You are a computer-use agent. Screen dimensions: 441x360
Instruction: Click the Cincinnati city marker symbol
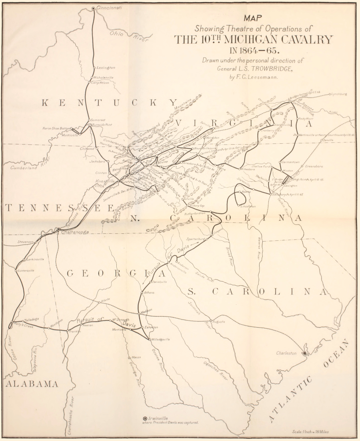pos(93,8)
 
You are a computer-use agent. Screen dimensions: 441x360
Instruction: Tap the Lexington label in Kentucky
pos(106,67)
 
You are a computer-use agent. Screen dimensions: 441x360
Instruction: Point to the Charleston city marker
pos(304,354)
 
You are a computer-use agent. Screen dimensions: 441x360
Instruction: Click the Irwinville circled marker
pos(145,418)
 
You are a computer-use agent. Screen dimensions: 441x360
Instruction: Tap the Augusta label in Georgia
pos(219,321)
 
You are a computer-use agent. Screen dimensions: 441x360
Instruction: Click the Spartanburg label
pos(197,239)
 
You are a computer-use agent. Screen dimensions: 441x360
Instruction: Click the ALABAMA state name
pos(32,384)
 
